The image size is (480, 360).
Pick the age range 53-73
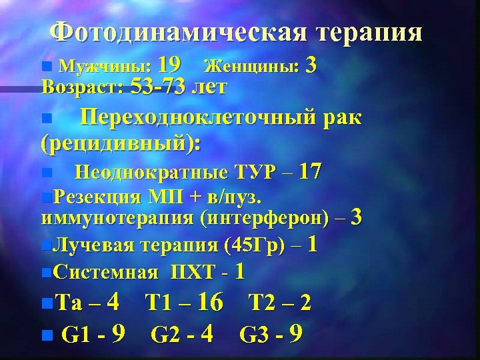coord(159,87)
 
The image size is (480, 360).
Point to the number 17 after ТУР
coord(311,172)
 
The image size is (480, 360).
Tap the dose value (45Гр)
coord(257,245)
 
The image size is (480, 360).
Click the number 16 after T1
coord(210,303)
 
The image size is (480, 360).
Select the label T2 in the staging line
coord(262,303)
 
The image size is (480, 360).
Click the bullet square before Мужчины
coord(45,67)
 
